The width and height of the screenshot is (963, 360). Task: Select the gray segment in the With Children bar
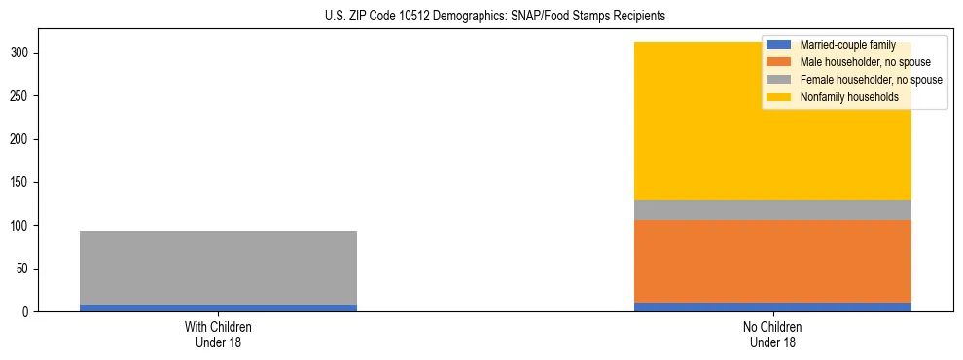tap(218, 268)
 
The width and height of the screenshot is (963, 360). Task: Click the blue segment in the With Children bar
tap(218, 307)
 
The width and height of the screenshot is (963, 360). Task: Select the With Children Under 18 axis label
tap(218, 335)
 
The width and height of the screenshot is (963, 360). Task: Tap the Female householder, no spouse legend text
tap(871, 80)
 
